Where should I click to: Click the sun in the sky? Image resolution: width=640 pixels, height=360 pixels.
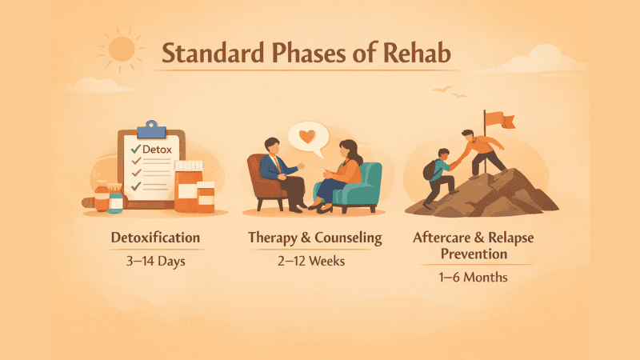(121, 48)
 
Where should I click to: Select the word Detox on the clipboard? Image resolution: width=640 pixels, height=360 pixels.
(157, 149)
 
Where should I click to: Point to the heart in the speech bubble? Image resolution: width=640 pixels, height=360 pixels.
(309, 136)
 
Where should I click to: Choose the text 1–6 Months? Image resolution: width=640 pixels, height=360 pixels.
(473, 278)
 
